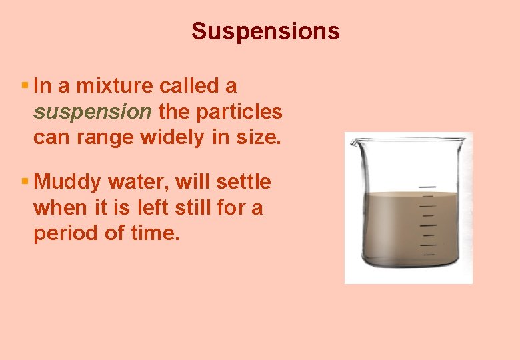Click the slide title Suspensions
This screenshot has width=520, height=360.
(265, 31)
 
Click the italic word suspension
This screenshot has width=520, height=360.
(93, 111)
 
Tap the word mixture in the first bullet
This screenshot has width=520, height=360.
(115, 86)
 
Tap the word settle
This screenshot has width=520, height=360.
(247, 182)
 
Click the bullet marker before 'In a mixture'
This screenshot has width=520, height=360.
(25, 86)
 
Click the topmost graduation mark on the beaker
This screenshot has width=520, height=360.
(427, 187)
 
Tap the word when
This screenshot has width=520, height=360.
(57, 208)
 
